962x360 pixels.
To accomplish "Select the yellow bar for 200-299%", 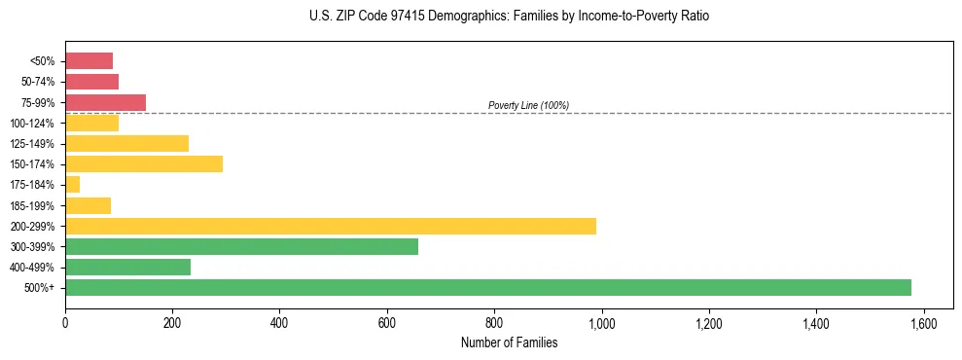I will click(x=331, y=226).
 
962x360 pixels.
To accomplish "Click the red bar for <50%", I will click(x=89, y=60).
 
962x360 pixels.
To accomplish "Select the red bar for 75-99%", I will click(x=105, y=102).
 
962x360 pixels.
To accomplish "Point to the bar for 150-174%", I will click(x=144, y=163).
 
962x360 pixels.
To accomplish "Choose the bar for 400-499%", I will click(x=127, y=267).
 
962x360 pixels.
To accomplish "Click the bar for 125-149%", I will click(x=126, y=143).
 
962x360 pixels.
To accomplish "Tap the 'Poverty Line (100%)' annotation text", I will click(x=528, y=105).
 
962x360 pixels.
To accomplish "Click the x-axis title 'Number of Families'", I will click(x=509, y=342).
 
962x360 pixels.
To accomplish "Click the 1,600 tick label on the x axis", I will click(x=923, y=322).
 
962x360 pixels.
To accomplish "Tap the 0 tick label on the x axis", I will click(x=65, y=322).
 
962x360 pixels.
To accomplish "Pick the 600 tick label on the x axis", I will click(x=387, y=322).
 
